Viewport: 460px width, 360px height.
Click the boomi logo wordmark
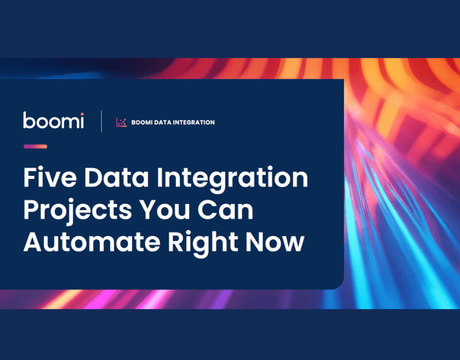tap(53, 121)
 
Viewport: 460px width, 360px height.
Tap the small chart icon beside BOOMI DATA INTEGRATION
tap(121, 122)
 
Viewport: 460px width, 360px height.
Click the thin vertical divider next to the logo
tap(101, 121)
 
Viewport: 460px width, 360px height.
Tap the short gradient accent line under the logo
tap(35, 146)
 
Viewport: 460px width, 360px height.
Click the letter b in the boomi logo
tap(29, 120)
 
